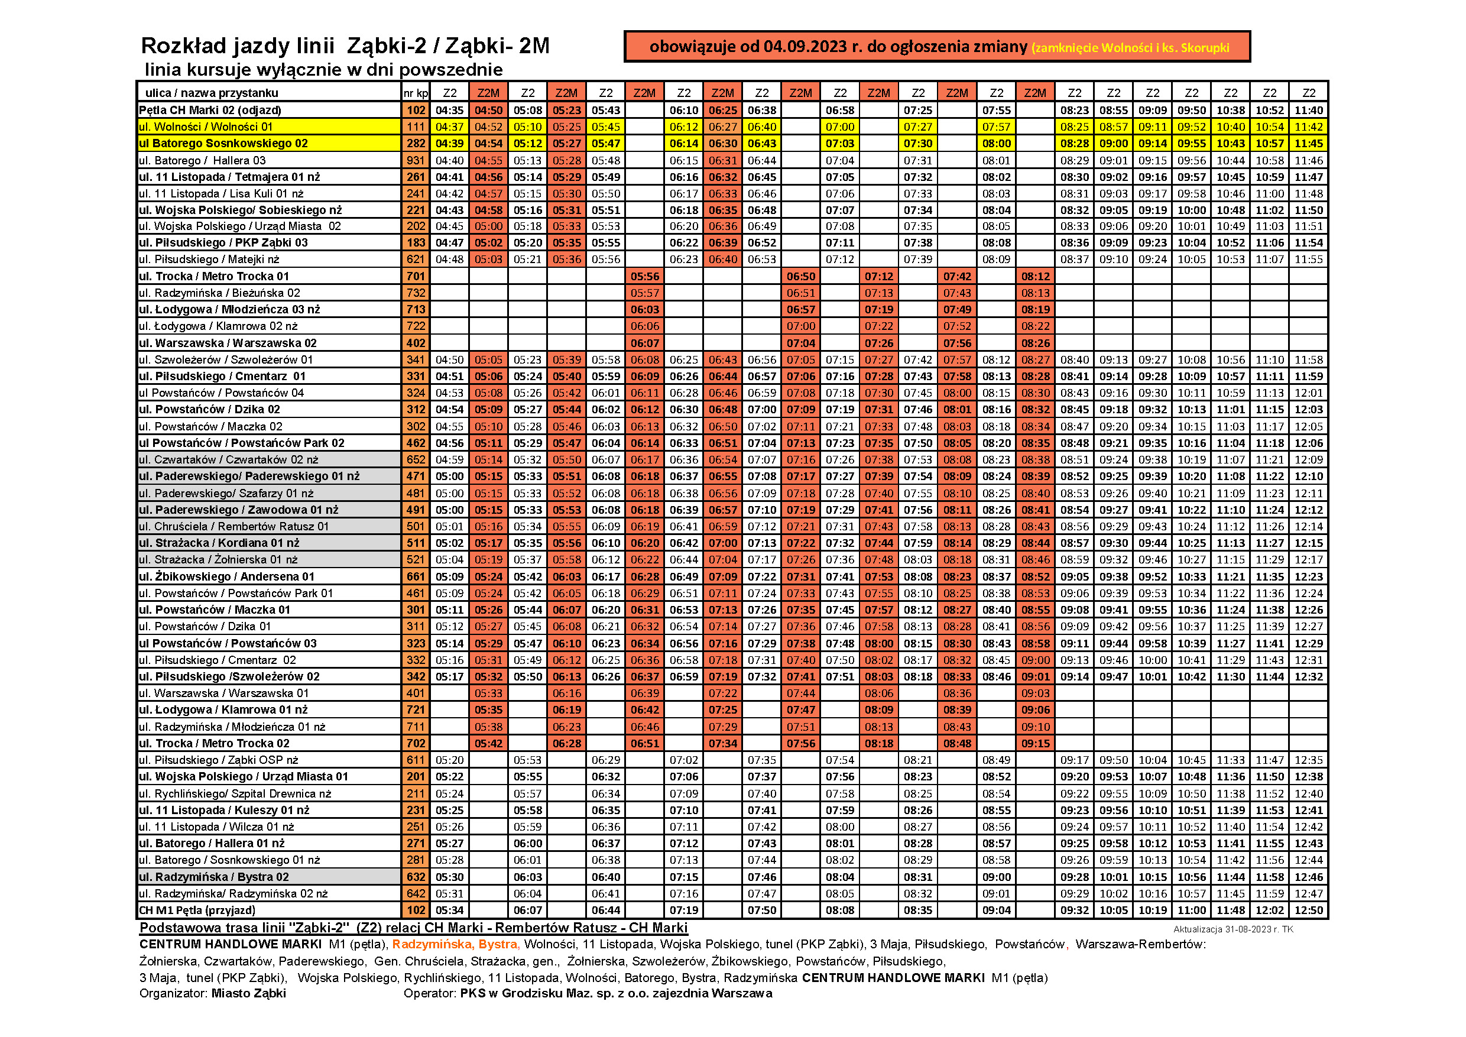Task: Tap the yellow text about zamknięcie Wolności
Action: pyautogui.click(x=1130, y=47)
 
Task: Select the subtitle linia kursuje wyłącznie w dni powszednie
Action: pyautogui.click(x=324, y=70)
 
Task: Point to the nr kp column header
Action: pyautogui.click(x=416, y=93)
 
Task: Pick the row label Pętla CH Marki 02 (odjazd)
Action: pyautogui.click(x=210, y=110)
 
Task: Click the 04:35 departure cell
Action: pyautogui.click(x=449, y=110)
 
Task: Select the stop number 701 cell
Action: pyautogui.click(x=416, y=276)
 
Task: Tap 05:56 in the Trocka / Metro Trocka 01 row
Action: pyautogui.click(x=644, y=277)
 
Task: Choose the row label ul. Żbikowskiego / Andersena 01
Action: pyautogui.click(x=226, y=576)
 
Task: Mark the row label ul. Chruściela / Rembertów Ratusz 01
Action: pyautogui.click(x=233, y=526)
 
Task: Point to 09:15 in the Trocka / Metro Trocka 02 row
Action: pyautogui.click(x=1035, y=743)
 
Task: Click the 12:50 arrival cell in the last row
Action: pyautogui.click(x=1308, y=910)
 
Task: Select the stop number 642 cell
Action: pyautogui.click(x=416, y=893)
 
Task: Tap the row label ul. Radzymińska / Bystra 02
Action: pyautogui.click(x=214, y=877)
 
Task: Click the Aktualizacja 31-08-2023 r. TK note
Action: pyautogui.click(x=1233, y=929)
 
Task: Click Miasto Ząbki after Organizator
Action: pyautogui.click(x=248, y=993)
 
